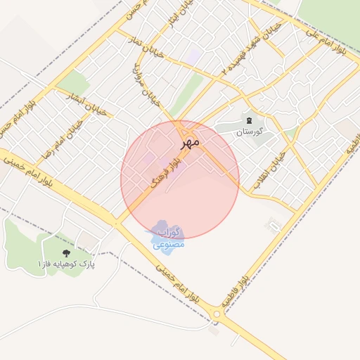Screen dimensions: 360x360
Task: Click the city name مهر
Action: [x=190, y=141]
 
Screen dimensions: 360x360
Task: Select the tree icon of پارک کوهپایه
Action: [x=67, y=252]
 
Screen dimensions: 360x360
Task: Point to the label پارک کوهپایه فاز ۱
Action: [x=67, y=264]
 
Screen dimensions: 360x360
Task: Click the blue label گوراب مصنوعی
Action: [x=168, y=238]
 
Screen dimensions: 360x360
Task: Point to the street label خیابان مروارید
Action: [x=145, y=83]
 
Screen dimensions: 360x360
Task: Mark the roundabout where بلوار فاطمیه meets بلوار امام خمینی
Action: [x=216, y=314]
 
